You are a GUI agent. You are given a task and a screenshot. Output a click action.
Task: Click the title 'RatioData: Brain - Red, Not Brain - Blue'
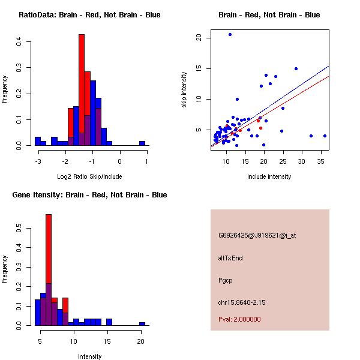pos(89,15)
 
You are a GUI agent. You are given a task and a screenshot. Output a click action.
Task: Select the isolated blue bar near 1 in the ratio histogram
pos(142,143)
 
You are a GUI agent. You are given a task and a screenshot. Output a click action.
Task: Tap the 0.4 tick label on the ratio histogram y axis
pos(20,41)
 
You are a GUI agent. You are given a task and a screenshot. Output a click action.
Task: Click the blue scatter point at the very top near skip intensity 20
pos(230,34)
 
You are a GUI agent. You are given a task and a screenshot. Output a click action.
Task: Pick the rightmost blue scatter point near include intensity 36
pos(325,136)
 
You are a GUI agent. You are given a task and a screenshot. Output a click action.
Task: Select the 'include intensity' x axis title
pos(269,176)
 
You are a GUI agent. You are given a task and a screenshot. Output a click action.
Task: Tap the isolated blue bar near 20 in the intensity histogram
pos(142,323)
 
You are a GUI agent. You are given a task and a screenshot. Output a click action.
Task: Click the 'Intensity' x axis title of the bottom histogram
pos(89,356)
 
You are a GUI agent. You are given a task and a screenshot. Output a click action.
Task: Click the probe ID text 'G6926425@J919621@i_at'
pos(257,235)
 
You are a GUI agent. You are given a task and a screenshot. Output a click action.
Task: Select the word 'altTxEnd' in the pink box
pos(230,258)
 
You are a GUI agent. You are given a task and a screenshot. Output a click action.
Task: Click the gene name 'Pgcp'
pos(225,280)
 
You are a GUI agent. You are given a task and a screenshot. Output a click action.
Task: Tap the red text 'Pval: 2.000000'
pos(239,319)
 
